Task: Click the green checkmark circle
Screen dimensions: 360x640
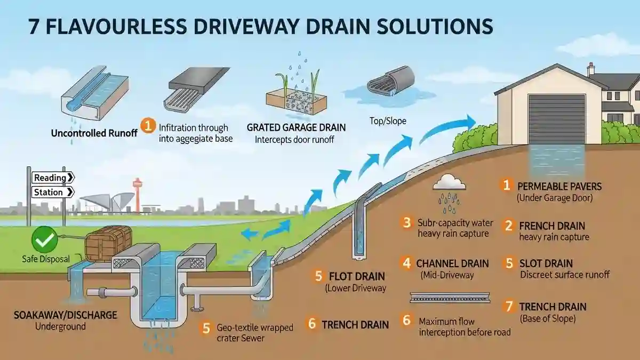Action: [x=43, y=241]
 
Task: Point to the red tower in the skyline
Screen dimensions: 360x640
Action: [x=137, y=195]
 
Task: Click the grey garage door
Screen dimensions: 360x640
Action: [x=556, y=119]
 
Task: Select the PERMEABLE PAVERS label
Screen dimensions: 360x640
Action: [x=559, y=187]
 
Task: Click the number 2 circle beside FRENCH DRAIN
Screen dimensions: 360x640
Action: [x=509, y=226]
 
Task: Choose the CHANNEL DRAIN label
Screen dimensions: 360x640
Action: [x=452, y=263]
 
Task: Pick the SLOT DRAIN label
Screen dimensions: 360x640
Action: [x=546, y=263]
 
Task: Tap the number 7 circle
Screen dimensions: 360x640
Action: [x=509, y=306]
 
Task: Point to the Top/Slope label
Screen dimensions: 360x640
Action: [x=388, y=121]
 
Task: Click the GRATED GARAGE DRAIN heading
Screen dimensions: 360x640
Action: [x=296, y=128]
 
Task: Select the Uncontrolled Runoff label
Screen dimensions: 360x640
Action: [x=94, y=132]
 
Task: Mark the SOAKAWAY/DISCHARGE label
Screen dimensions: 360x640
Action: [x=66, y=315]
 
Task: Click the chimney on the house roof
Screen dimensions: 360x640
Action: [x=590, y=69]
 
